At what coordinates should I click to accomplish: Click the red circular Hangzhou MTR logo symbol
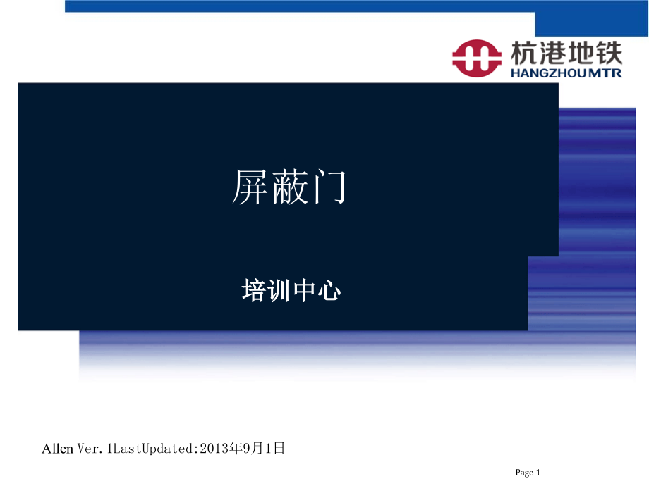tap(477, 58)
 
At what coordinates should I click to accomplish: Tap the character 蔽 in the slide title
tap(289, 189)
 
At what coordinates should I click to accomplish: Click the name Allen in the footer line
tap(58, 449)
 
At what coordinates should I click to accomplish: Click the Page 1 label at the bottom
tap(528, 473)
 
